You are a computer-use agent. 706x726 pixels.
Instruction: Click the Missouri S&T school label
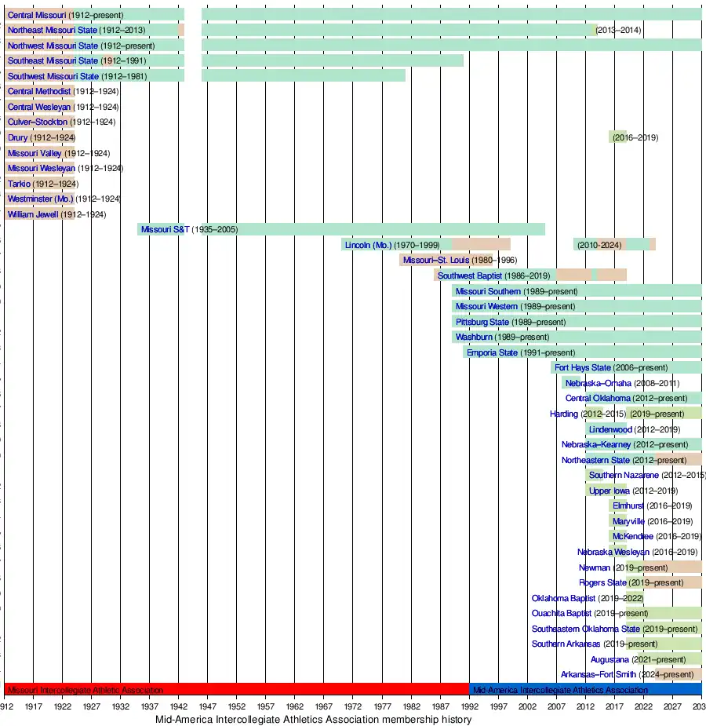click(165, 229)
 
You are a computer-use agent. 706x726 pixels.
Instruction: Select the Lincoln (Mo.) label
click(368, 245)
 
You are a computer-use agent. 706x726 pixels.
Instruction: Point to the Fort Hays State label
click(582, 367)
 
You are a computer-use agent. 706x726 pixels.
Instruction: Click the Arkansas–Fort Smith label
click(593, 674)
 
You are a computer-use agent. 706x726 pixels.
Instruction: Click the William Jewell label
click(33, 214)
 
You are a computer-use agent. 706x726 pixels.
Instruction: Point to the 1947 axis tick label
click(207, 706)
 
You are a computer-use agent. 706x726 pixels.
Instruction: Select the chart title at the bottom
click(313, 719)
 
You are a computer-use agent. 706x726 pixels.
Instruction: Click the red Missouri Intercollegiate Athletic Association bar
click(236, 690)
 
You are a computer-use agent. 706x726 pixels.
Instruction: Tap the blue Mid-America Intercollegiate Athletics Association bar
click(585, 690)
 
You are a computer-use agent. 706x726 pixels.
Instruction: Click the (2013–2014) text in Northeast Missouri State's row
click(618, 30)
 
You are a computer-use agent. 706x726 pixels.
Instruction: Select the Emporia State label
click(492, 352)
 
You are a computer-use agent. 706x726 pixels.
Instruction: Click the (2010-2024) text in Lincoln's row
click(599, 245)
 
